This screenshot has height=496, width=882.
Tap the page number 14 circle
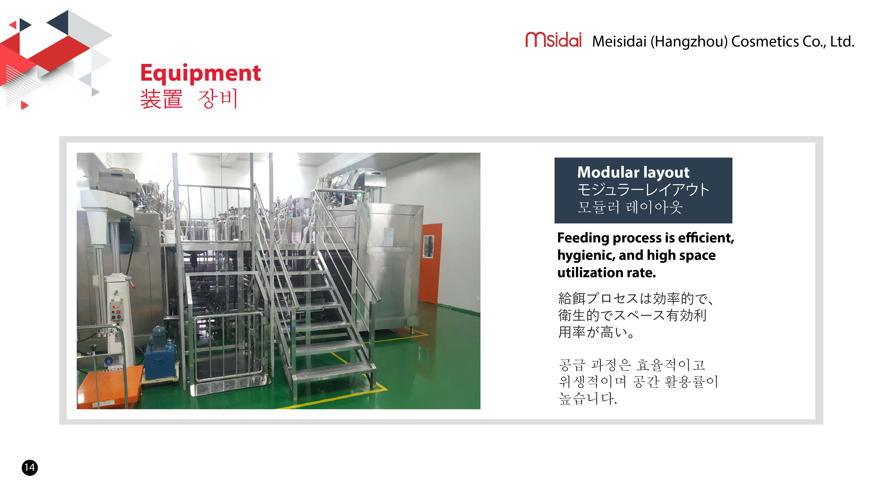tap(30, 468)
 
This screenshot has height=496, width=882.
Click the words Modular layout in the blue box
tap(633, 172)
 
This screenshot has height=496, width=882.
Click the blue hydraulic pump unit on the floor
tap(160, 356)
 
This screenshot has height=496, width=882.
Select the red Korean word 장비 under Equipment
tap(217, 99)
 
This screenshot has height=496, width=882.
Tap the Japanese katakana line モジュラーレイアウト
tap(643, 190)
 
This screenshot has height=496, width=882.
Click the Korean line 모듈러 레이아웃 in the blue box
tap(630, 207)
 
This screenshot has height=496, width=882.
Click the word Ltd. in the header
tap(843, 41)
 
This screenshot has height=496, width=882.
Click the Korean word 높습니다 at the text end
tap(588, 398)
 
